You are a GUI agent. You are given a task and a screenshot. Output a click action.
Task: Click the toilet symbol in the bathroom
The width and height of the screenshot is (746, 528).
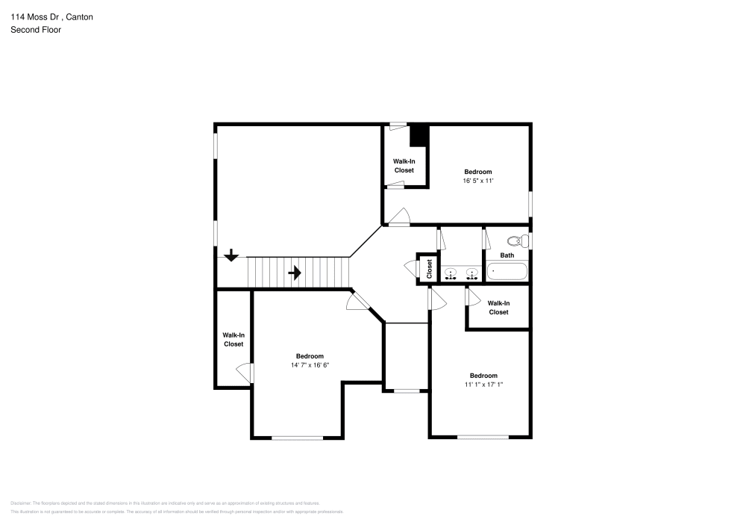coord(515,241)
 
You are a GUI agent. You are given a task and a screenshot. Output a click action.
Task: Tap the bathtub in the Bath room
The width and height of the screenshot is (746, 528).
coord(507,271)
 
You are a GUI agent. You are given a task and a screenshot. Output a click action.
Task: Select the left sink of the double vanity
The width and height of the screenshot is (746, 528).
coord(451,273)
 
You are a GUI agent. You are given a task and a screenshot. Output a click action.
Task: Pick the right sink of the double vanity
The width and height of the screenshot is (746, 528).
coord(471,273)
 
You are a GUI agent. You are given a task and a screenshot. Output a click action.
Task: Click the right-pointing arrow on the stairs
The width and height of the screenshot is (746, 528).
coord(295,273)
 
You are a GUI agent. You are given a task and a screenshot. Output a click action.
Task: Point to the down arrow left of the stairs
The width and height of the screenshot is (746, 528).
coord(231,255)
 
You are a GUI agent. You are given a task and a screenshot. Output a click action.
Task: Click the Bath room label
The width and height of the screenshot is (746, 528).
coord(507,255)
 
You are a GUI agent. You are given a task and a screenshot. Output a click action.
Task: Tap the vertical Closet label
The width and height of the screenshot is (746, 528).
coord(430,269)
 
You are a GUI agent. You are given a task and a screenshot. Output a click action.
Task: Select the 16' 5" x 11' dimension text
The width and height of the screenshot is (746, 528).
coord(478,181)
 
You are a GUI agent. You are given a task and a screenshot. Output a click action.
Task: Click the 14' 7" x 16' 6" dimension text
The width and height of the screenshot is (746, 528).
coord(310,365)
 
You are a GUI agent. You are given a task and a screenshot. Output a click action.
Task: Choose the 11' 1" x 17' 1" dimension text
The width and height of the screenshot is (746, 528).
coord(483,385)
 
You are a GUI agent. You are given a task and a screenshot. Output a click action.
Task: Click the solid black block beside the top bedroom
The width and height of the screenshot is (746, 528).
coord(420,135)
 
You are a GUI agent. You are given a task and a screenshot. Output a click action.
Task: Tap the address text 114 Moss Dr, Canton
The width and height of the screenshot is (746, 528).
coord(51,16)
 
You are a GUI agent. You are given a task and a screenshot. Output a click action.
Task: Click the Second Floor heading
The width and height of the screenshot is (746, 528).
coord(36,30)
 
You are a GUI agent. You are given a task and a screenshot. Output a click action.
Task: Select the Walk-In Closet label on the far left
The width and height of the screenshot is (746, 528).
coord(233,340)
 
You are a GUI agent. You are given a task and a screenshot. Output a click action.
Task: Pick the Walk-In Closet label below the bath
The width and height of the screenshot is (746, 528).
coord(498,308)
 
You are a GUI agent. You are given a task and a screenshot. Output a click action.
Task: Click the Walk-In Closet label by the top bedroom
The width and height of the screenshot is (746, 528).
coord(404,166)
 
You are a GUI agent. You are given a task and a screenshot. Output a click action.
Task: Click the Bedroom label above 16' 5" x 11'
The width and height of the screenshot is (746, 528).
coord(478,172)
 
